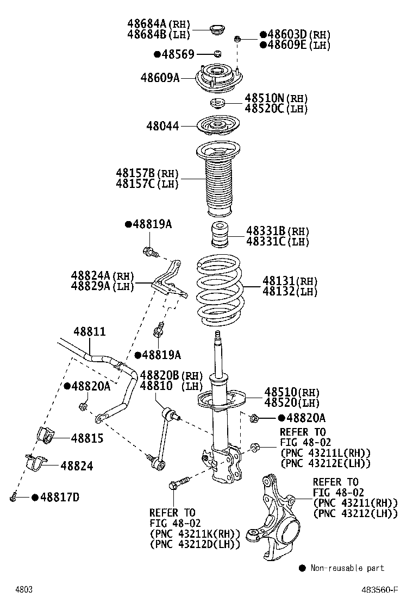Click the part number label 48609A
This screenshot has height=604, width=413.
[x=160, y=78]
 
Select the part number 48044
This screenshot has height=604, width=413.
[x=162, y=126]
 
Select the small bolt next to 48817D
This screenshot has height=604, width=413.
[x=14, y=496]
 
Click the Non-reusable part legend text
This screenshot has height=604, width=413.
[x=347, y=568]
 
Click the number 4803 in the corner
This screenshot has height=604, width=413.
[x=24, y=589]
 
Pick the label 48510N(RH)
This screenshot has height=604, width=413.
[x=276, y=98]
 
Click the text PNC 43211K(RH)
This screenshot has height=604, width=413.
[x=194, y=533]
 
